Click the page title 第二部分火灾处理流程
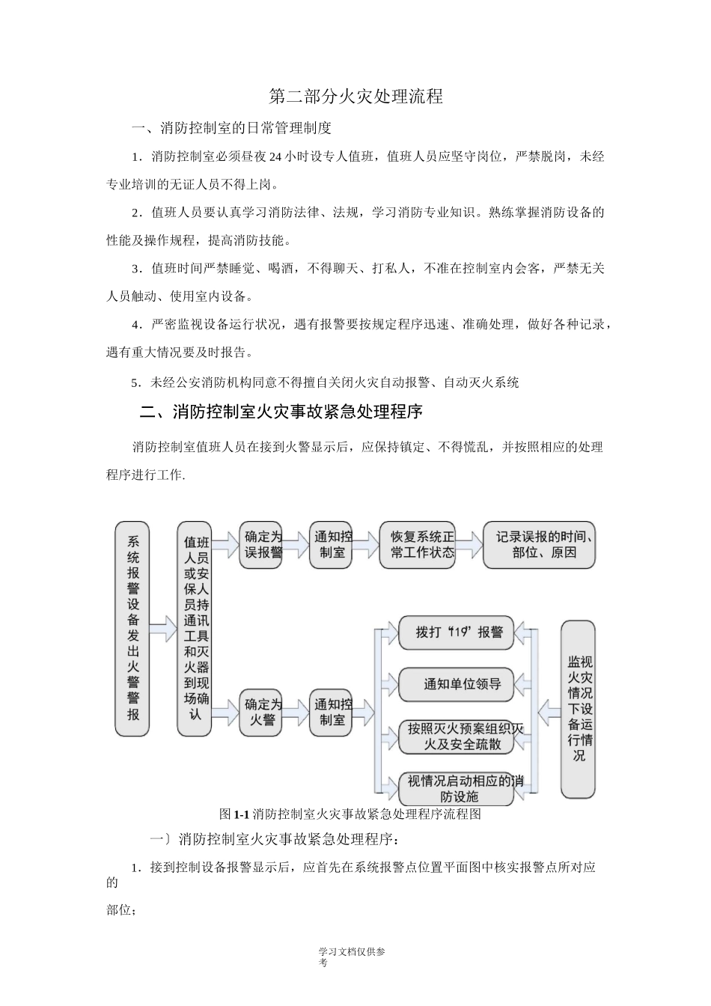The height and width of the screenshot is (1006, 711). click(355, 97)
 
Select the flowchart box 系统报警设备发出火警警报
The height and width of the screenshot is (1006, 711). click(132, 627)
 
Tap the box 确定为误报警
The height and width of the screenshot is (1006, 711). click(261, 545)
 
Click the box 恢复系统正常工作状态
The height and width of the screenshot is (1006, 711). click(417, 545)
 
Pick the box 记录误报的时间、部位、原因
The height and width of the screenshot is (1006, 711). click(539, 545)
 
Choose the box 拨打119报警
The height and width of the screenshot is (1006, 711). click(456, 632)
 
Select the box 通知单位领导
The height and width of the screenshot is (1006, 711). click(456, 683)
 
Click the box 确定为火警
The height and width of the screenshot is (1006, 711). click(261, 712)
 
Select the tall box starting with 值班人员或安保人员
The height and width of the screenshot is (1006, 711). click(195, 627)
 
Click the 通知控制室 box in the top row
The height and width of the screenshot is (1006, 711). click(332, 545)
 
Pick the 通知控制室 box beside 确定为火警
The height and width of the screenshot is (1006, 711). click(332, 712)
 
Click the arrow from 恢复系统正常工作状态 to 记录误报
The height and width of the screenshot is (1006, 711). click(469, 545)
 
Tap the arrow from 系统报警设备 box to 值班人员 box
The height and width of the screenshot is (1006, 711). click(163, 627)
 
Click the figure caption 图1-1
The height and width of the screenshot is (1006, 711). click(349, 814)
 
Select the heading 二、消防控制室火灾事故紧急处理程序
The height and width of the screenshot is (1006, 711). click(281, 412)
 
